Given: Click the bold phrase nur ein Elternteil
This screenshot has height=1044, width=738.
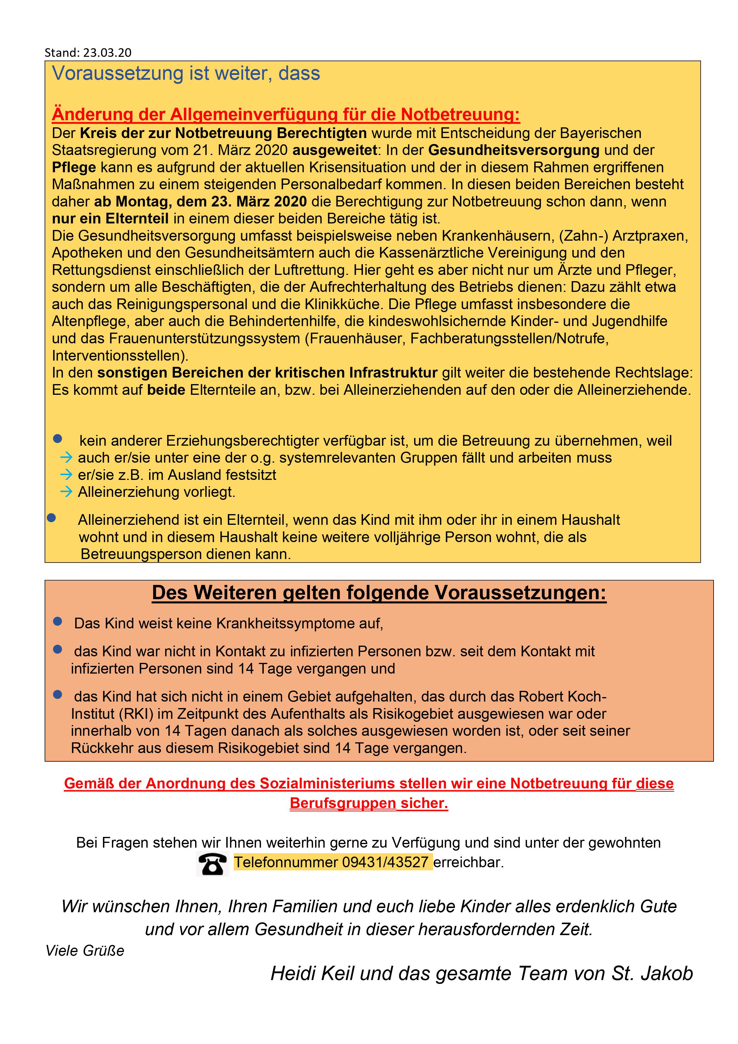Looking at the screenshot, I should pyautogui.click(x=110, y=219).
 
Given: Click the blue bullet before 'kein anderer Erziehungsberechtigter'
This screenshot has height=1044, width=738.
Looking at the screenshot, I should pyautogui.click(x=58, y=439).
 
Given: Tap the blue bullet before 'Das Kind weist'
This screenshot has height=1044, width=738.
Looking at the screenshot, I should pyautogui.click(x=58, y=621).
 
